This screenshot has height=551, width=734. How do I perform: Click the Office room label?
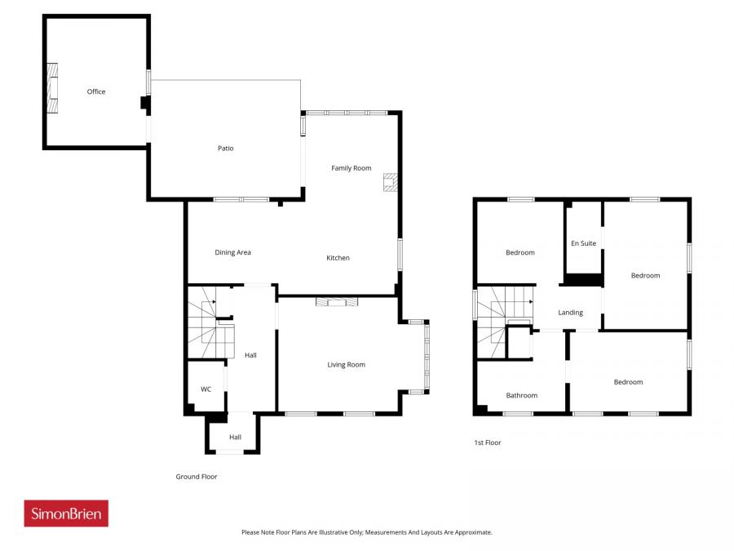(96, 92)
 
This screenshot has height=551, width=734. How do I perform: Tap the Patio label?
(225, 149)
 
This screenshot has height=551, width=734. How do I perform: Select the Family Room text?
(351, 168)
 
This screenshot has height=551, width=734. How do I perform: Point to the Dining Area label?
(232, 253)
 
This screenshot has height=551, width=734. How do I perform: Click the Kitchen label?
(338, 258)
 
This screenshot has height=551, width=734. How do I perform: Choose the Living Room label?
(346, 365)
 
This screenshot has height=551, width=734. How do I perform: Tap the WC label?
(206, 389)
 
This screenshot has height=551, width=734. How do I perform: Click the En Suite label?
(583, 243)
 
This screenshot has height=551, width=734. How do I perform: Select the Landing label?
(570, 313)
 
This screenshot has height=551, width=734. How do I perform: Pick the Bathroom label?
(521, 396)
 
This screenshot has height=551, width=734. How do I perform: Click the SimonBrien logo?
(66, 513)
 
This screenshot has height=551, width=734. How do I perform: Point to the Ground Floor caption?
(197, 477)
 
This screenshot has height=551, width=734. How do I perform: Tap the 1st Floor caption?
(488, 442)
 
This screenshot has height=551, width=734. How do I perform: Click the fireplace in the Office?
(53, 88)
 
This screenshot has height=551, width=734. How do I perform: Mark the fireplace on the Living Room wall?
(337, 302)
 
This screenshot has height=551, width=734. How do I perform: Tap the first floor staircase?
(497, 318)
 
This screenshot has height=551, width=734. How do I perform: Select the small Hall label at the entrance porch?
(235, 438)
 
